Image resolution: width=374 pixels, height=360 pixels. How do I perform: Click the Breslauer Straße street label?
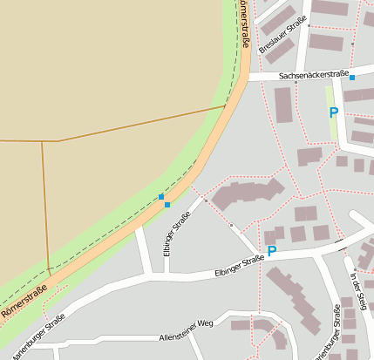pos(283,35)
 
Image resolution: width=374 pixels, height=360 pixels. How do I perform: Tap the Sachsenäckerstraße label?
pos(314,76)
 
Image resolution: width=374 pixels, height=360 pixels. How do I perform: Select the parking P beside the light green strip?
pos(333,112)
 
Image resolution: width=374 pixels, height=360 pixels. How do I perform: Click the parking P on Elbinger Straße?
pos(271,251)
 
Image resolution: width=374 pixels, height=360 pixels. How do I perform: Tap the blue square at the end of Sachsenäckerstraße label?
pos(352,78)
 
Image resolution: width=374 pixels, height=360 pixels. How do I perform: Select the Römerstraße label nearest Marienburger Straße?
pos(24,301)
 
